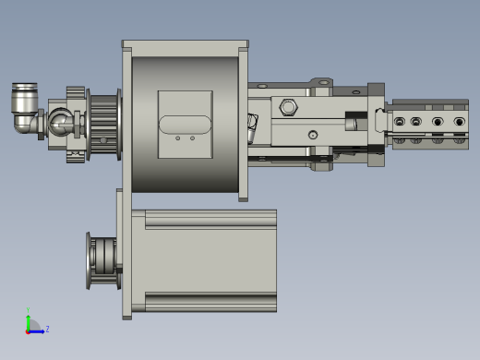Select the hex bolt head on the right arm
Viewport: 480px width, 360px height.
tap(288, 107)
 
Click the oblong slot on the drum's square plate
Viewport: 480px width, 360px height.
tap(185, 125)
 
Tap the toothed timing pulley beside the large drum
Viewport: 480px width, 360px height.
tap(103, 125)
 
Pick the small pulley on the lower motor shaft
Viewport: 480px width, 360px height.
tap(102, 260)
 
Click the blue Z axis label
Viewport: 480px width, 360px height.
tap(47, 329)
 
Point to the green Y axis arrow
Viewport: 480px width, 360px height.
tap(29, 318)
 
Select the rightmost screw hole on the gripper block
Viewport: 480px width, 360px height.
tap(459, 122)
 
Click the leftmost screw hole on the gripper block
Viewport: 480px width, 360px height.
tap(400, 122)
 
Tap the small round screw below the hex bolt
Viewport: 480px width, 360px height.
tap(313, 135)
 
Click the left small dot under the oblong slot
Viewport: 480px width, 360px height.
tap(177, 138)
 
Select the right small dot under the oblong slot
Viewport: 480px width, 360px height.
tap(192, 138)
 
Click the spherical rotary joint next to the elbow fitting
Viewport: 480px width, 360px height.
tap(62, 122)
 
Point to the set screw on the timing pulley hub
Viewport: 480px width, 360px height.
tap(103, 140)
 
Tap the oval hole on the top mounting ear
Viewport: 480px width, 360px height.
tap(323, 82)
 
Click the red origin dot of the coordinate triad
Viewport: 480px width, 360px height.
tap(29, 330)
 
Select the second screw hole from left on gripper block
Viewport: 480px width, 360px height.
tap(416, 122)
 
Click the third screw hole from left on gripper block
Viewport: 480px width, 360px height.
tap(438, 122)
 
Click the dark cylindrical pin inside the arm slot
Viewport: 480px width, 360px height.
tap(352, 122)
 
